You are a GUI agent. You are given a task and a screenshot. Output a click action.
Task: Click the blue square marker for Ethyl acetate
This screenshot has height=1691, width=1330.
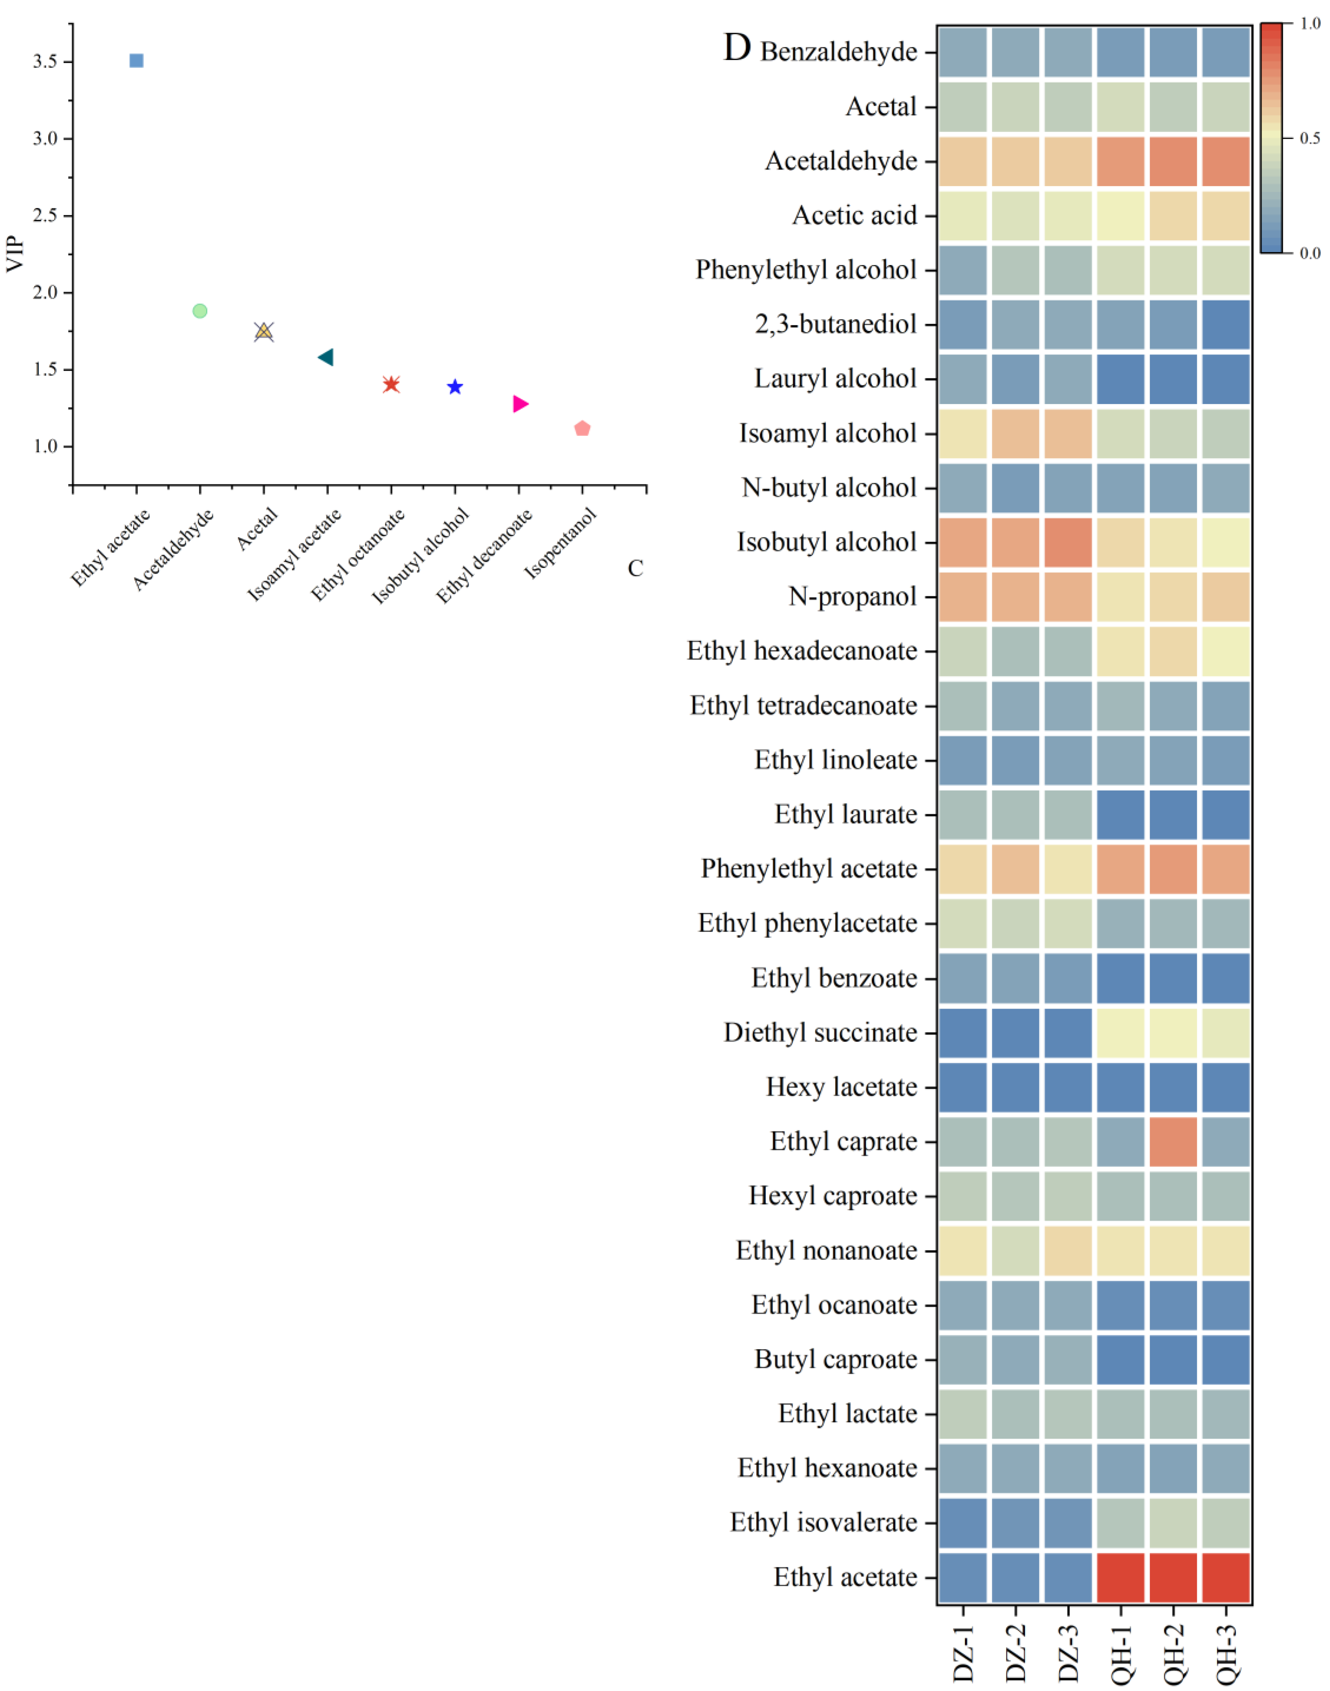[136, 61]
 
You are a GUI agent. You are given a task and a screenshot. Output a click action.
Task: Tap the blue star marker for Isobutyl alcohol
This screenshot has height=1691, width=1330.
[455, 387]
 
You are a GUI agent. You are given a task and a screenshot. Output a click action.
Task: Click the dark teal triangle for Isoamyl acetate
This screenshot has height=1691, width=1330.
[326, 357]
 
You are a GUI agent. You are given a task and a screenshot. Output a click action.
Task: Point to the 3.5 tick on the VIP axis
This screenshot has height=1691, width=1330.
[45, 62]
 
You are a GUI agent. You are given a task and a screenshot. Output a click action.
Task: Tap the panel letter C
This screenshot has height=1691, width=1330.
[636, 569]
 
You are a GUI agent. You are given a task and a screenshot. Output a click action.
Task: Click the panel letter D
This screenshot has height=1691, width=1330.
[736, 48]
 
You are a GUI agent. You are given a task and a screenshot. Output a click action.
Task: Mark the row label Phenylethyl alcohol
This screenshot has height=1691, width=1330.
[806, 270]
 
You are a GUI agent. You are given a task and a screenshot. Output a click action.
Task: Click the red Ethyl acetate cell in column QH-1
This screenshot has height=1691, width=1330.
[1120, 1577]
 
